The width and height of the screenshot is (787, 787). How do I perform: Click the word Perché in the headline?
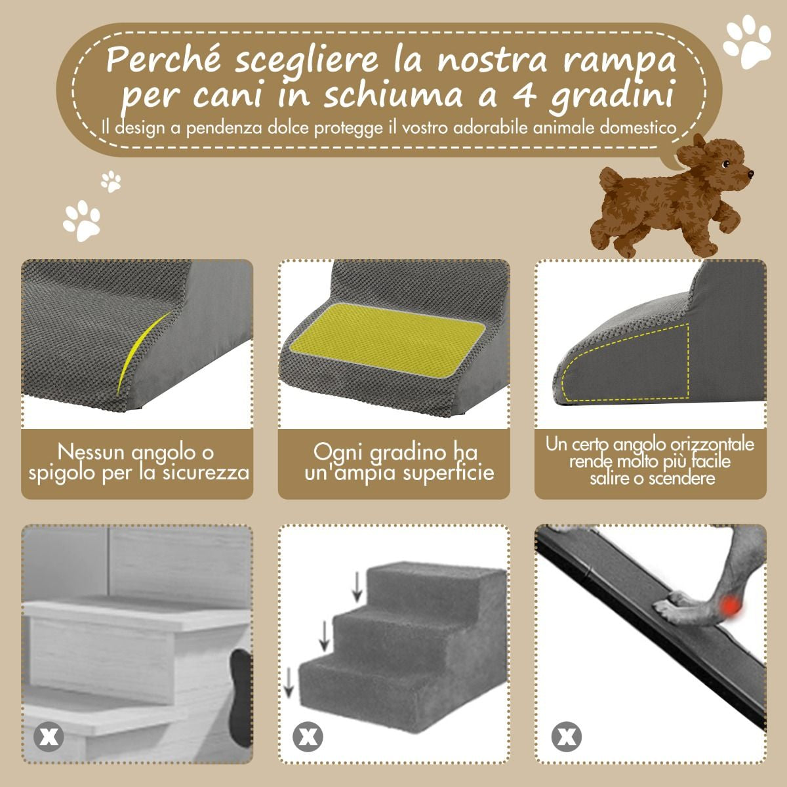point(165,60)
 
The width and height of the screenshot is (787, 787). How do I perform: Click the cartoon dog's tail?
point(611,181)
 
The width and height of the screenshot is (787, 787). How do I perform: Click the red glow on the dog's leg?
point(731,614)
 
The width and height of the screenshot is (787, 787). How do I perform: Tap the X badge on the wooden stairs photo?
point(49,737)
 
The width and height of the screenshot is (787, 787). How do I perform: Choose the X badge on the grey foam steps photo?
point(307,737)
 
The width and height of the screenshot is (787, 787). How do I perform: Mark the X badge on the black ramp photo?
point(567,737)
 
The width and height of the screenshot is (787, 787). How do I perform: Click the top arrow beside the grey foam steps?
point(357,587)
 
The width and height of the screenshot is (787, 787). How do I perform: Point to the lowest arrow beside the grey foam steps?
point(289,681)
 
